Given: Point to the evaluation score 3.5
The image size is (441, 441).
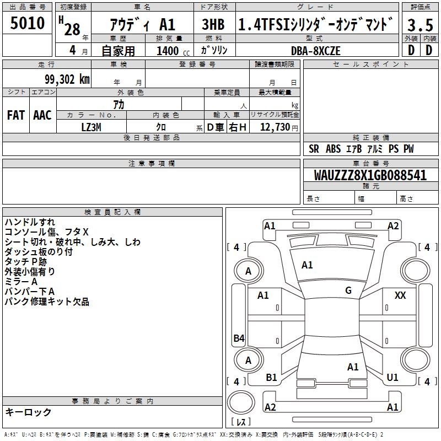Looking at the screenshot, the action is coord(420,25).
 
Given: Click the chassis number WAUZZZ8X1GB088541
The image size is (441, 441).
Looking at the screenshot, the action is coord(370,175).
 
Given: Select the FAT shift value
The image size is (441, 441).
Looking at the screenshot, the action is coord(15,115).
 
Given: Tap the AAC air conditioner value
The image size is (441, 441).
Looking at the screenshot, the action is coord(42,115).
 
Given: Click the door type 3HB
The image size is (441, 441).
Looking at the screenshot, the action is coord(213,25).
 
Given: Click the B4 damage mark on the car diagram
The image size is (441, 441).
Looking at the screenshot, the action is coord(239,338).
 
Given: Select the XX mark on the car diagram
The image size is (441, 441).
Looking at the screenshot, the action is coord(400,295).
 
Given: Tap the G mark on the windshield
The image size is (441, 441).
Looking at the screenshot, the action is coord(348,291).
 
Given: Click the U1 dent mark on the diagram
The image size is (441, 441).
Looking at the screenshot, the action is coord(392,378).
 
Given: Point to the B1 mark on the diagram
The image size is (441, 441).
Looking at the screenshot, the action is coord(271,378).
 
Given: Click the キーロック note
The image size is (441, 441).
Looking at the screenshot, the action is coord(28,412).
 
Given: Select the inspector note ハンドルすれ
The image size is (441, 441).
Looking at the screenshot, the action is coord(30,222).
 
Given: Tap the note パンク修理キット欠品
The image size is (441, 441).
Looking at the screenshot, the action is coord(47,302).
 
